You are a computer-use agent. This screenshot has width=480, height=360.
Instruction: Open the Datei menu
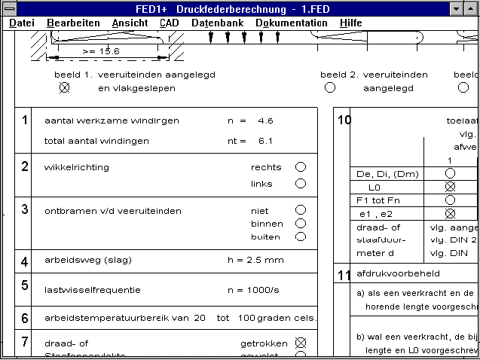pos(22,23)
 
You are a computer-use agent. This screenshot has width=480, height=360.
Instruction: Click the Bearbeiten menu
pos(73,23)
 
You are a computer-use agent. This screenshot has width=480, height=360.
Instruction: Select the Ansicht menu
pos(130,23)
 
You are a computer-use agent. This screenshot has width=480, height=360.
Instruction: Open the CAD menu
pos(170,23)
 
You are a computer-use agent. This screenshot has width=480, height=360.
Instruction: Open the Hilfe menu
pos(350,23)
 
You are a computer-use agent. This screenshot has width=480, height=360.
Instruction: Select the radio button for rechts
pos(301,166)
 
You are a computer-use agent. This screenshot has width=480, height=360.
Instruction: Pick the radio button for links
pos(301,183)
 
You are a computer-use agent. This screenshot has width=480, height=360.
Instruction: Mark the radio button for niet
pos(301,210)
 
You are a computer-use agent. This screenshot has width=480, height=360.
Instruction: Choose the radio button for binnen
pos(301,223)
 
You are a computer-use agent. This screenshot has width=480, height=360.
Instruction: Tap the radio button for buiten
pos(301,236)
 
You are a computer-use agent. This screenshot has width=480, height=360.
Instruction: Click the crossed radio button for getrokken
pos(301,343)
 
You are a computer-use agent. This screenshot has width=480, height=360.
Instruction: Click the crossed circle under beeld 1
pos(64,87)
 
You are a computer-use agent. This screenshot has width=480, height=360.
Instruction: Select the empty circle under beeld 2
pos(330,87)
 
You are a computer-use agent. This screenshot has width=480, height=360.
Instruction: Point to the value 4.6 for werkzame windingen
pos(265,121)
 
